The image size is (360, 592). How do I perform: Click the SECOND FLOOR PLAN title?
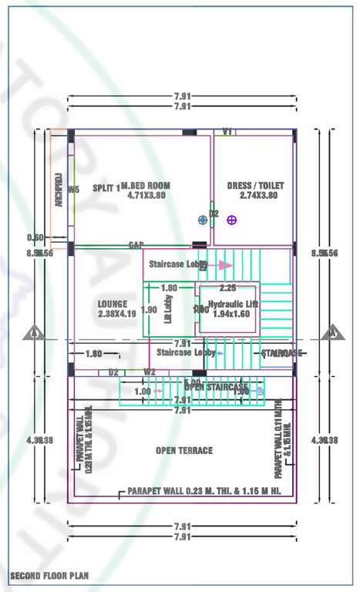[49, 575]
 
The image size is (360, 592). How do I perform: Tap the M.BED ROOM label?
[146, 187]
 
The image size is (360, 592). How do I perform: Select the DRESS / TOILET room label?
[255, 186]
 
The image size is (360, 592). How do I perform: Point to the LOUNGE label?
[113, 303]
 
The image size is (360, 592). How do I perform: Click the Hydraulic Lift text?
[234, 304]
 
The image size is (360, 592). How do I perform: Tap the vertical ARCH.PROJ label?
[57, 190]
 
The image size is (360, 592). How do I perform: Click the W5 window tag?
[74, 189]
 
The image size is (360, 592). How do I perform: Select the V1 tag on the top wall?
[227, 132]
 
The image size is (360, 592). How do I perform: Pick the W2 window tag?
[150, 372]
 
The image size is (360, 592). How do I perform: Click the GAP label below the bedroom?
[136, 245]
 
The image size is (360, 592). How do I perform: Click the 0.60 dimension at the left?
[35, 237]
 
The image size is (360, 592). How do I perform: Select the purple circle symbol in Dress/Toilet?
[230, 220]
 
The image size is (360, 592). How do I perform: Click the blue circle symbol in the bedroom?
[203, 220]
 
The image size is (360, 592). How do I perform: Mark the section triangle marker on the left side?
[32, 333]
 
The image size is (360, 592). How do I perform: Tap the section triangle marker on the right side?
[333, 333]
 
